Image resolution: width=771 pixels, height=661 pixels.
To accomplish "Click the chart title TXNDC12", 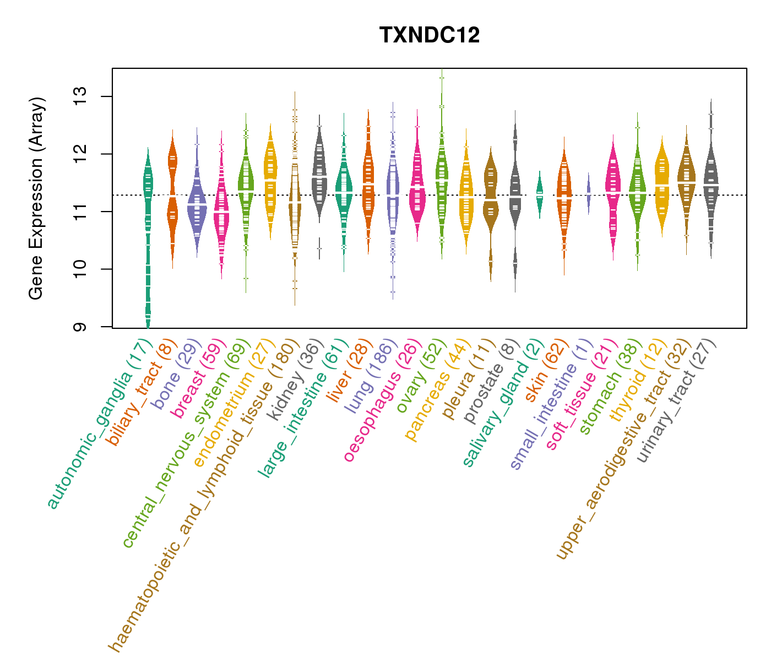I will pos(430,35).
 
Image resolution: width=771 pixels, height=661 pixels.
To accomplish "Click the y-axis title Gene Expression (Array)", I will pos(36,198).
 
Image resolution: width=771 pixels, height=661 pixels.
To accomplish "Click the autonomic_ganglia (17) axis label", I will pos(100,425).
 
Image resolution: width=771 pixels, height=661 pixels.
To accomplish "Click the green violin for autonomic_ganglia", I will pos(148,220).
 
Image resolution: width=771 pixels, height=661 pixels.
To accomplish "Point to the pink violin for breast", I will pos(221,209).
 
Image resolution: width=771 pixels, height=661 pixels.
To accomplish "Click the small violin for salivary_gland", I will pos(540,193).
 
